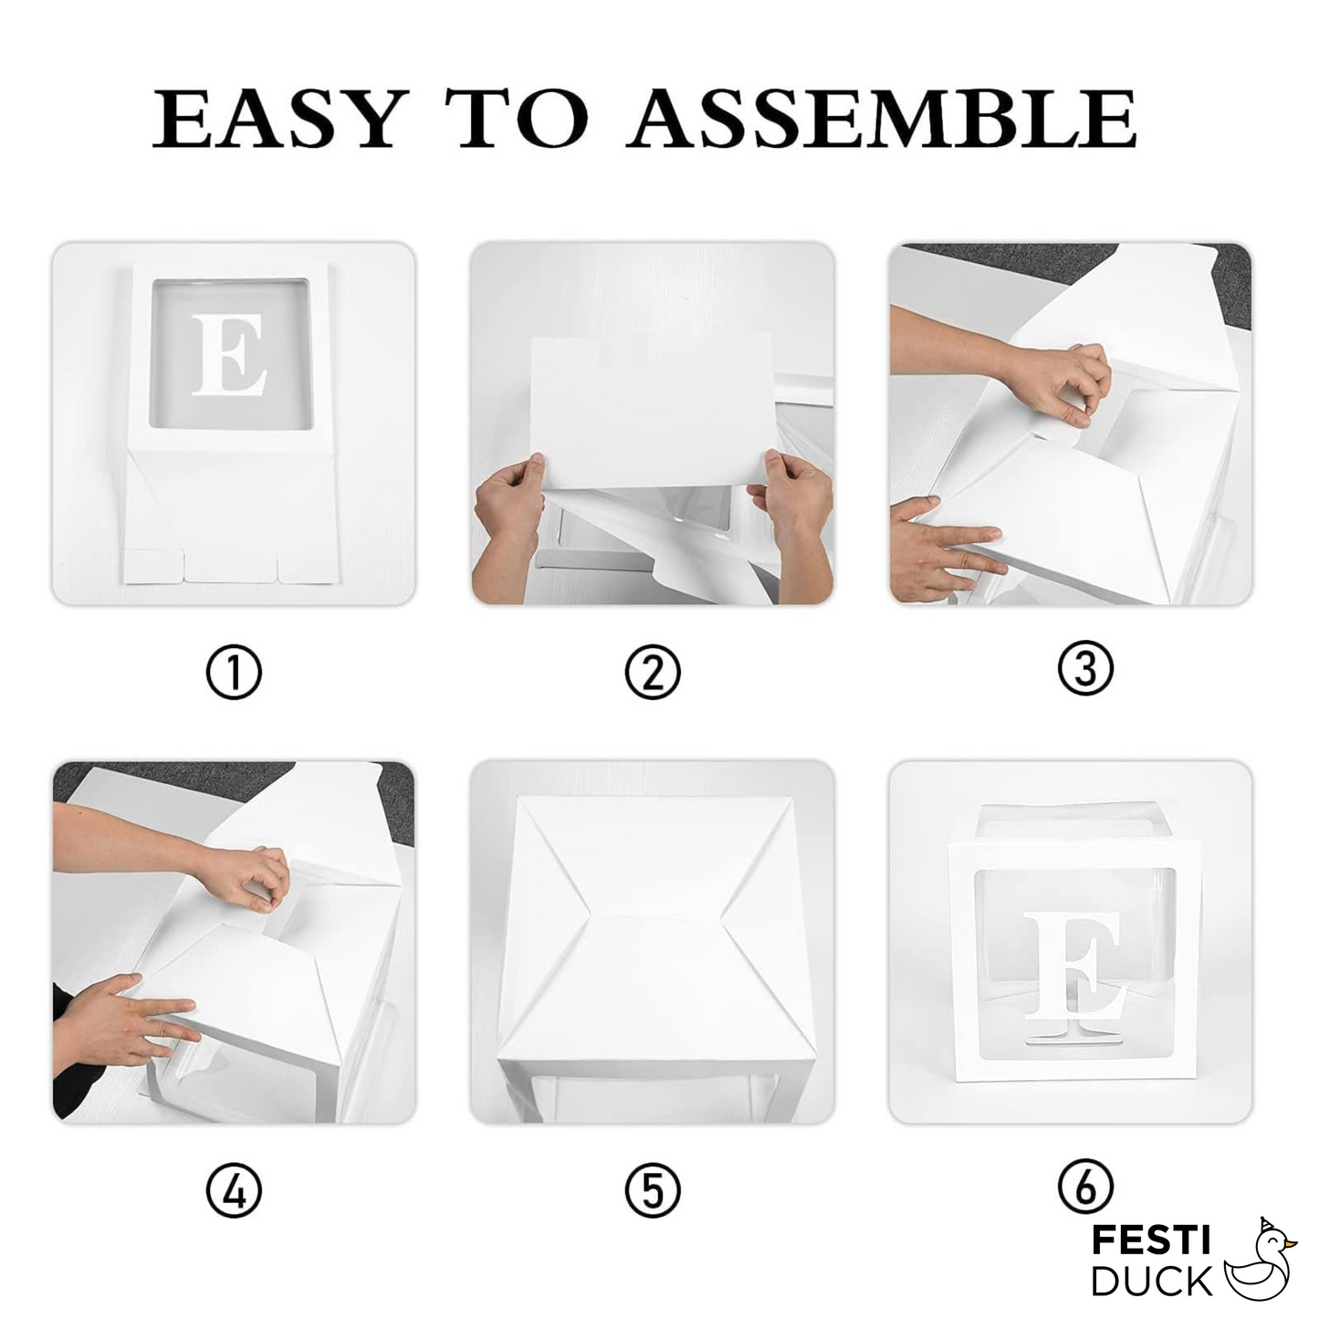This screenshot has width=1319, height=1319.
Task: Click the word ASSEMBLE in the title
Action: coord(882,120)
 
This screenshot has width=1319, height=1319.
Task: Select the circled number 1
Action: coord(234,673)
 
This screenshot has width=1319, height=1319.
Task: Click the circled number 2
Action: coord(652,673)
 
